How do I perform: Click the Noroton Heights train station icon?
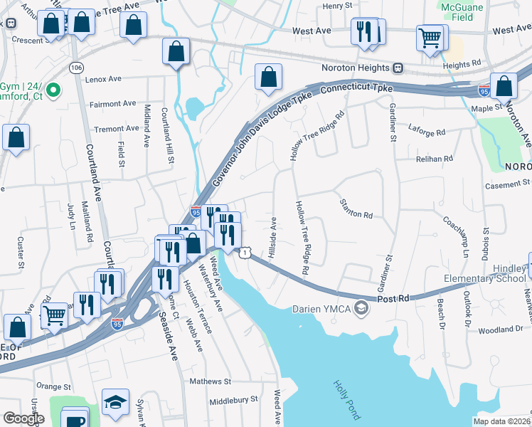(x=398, y=68)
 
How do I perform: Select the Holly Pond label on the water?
(x=347, y=397)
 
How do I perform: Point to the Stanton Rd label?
(x=357, y=214)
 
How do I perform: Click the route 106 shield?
(x=75, y=67)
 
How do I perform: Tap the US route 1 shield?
(x=245, y=253)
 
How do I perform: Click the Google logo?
(x=23, y=418)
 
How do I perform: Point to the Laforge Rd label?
(x=427, y=132)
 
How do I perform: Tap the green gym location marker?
(x=53, y=91)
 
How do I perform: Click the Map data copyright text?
(x=502, y=421)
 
